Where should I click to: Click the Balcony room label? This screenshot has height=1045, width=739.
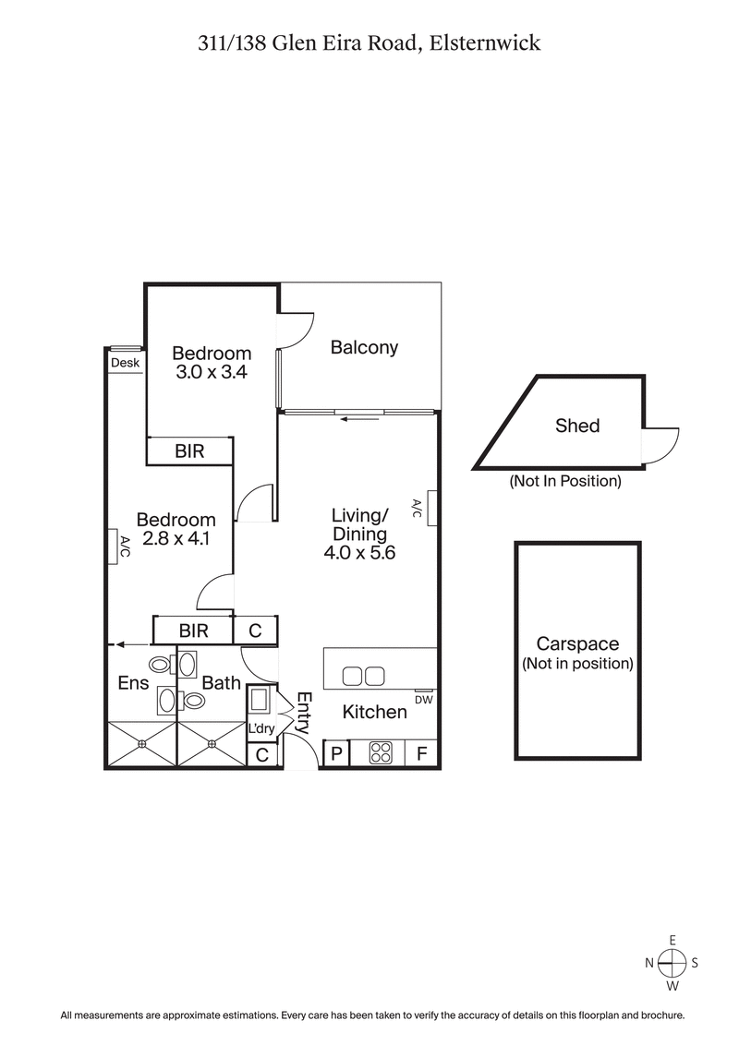[364, 347]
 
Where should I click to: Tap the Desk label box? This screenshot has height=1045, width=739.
[125, 363]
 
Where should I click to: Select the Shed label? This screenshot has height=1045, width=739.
[577, 426]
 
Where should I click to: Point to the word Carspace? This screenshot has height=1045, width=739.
[577, 644]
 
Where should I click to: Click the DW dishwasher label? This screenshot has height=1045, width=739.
[424, 700]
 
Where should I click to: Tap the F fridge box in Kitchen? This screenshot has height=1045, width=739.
[421, 753]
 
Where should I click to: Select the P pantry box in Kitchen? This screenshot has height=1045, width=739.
[336, 753]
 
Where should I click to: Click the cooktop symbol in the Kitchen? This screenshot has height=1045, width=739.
[380, 753]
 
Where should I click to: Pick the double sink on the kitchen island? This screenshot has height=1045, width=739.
[363, 677]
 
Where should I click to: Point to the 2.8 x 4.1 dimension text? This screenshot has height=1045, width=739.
[176, 539]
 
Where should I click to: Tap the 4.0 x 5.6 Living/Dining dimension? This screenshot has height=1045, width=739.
[359, 554]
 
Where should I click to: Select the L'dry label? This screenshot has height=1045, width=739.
[261, 729]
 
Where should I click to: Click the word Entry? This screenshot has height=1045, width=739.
[304, 712]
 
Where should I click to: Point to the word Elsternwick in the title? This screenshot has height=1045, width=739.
[486, 42]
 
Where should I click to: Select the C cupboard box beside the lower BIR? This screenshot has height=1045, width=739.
[256, 631]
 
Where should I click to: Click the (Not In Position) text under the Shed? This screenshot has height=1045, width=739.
[565, 481]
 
